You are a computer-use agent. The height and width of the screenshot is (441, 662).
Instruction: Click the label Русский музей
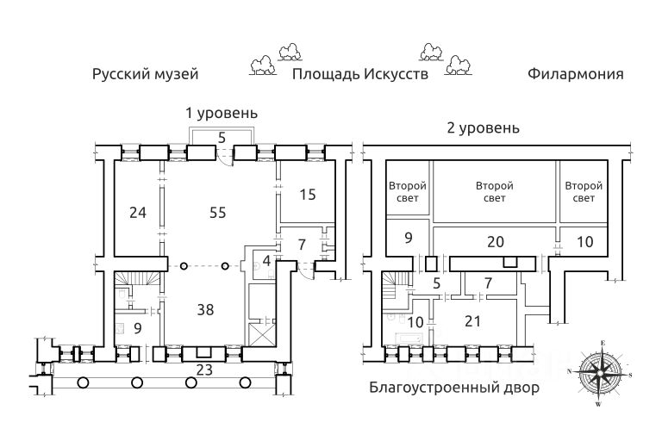[x=146, y=74]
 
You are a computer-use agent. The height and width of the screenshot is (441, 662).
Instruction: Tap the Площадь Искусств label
[x=359, y=74]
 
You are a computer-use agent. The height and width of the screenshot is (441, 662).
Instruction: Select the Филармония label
[x=575, y=74]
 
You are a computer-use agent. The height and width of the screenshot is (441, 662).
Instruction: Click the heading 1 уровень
[x=222, y=113]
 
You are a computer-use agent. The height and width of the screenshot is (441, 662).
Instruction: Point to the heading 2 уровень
[x=483, y=128]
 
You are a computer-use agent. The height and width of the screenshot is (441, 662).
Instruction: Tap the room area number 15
[x=307, y=195]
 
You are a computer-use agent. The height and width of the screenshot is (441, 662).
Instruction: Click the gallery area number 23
[x=203, y=370]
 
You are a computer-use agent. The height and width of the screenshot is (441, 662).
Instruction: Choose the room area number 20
[x=495, y=243]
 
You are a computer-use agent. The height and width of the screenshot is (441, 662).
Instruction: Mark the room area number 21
[x=472, y=320]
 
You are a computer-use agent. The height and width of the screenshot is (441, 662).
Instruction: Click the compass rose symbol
[x=600, y=373]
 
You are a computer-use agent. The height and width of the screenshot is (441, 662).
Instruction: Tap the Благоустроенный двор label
[x=454, y=388]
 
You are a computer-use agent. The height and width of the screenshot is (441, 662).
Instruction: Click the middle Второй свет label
[x=495, y=191]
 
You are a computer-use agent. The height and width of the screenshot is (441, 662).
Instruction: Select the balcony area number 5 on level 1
[x=222, y=137]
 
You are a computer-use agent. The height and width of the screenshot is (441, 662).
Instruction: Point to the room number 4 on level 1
[x=267, y=260]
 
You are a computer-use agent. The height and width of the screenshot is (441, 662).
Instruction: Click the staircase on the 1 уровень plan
[x=138, y=283]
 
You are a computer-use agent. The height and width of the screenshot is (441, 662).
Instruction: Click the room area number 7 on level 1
[x=302, y=244]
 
